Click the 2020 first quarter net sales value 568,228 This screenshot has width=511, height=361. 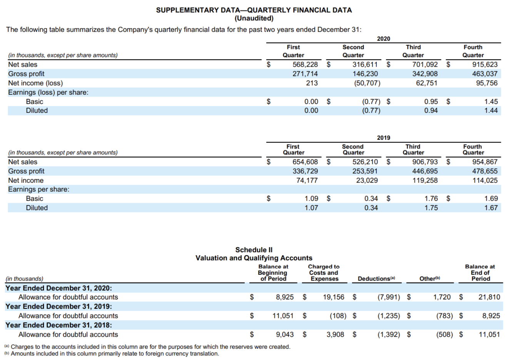(305, 65)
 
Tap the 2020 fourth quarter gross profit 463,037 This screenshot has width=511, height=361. (485, 74)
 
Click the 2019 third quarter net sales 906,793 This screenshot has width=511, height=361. (425, 162)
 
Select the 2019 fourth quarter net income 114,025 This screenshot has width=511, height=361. (485, 180)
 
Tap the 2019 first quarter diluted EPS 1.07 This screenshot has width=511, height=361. (311, 208)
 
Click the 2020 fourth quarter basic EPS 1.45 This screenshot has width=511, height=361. (491, 102)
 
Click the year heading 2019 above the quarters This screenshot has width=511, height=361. (383, 138)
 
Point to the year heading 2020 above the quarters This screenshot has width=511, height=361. (383, 39)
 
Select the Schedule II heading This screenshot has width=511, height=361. (254, 250)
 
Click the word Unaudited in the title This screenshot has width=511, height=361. (254, 18)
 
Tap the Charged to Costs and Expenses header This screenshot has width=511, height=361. (324, 272)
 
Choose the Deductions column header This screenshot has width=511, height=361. (376, 279)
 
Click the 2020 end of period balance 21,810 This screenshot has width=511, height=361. (489, 297)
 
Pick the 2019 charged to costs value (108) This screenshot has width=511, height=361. (338, 316)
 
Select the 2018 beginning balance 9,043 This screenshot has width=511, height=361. (285, 334)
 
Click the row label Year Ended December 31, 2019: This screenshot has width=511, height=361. (59, 306)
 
